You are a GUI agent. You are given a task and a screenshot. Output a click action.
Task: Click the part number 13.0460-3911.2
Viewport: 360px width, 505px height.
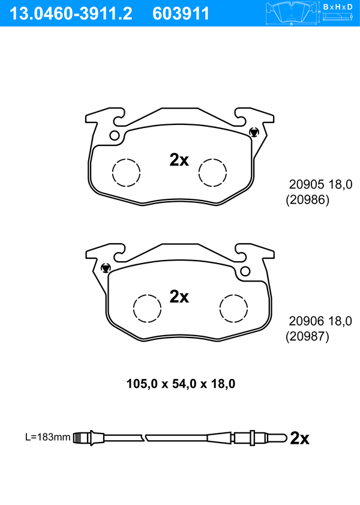71,14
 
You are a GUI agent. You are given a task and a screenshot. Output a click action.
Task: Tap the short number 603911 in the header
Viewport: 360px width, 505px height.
181,14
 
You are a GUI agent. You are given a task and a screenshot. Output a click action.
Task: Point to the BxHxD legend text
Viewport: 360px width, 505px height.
338,7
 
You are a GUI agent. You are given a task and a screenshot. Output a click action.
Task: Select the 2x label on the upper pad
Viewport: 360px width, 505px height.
179,159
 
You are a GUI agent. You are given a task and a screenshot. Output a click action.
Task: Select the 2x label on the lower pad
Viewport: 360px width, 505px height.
179,296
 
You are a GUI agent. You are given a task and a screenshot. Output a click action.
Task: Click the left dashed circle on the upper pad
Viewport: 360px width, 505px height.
126,172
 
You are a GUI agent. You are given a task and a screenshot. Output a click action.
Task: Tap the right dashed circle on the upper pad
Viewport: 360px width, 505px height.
212,172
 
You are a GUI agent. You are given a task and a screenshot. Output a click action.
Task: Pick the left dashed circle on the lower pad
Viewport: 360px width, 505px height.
147,308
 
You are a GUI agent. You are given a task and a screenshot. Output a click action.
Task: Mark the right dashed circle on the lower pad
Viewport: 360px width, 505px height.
234,308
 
